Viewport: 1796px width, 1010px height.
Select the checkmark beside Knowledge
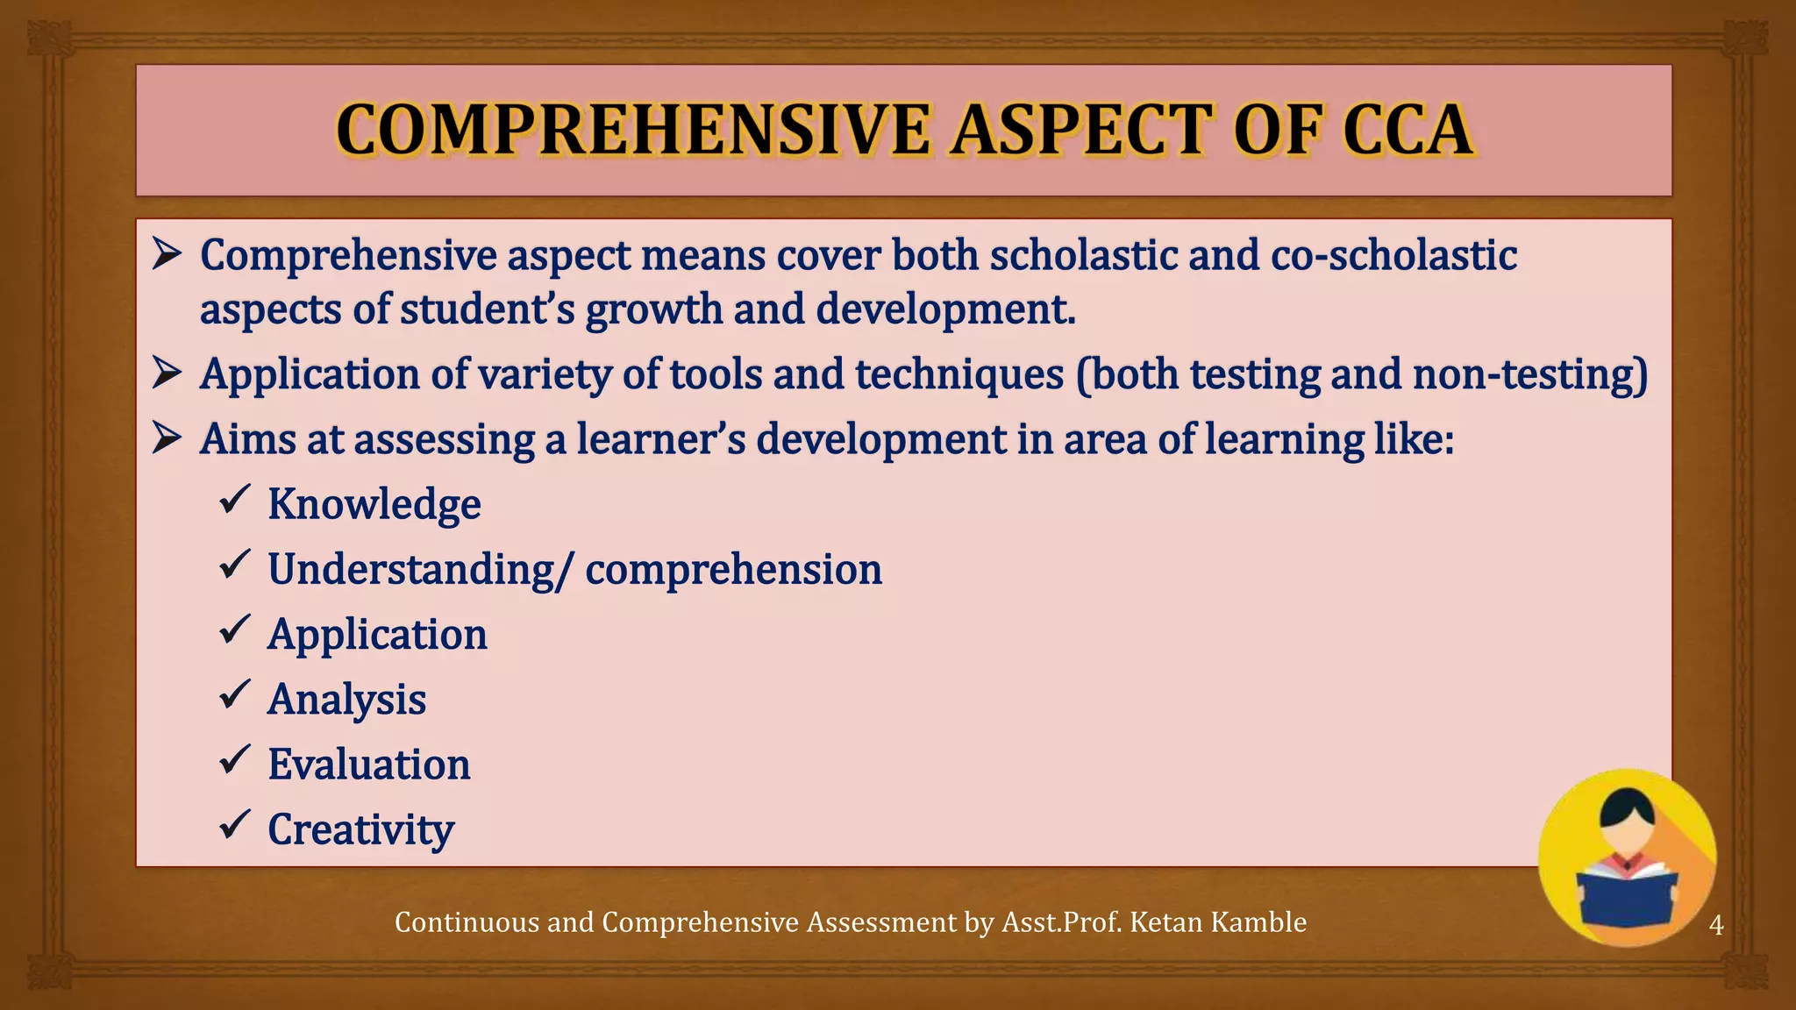pos(235,500)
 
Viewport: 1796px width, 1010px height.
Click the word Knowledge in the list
pos(374,504)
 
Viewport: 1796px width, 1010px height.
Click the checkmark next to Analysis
pos(235,694)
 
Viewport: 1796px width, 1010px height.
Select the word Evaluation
pos(369,764)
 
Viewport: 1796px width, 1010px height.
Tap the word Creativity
pos(360,829)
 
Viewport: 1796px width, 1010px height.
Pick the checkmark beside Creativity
pos(235,824)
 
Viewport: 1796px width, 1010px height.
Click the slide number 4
pos(1716,924)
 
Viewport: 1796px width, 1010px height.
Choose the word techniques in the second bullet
pos(959,374)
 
